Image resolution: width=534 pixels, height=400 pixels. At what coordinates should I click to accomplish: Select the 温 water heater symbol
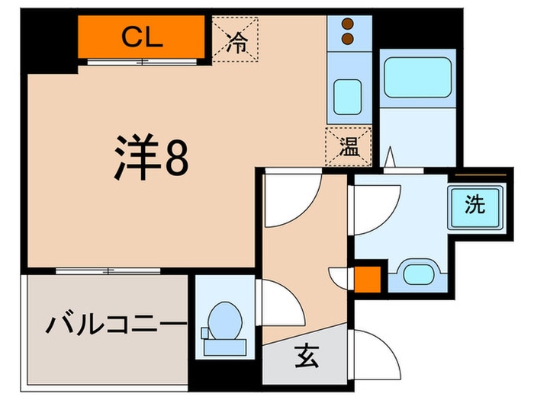coord(349,147)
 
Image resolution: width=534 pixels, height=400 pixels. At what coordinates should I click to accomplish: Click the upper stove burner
coord(349,24)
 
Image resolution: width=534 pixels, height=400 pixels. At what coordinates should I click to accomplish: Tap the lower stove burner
coord(349,37)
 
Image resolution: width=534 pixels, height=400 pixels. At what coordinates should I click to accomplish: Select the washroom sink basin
coord(417,273)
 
